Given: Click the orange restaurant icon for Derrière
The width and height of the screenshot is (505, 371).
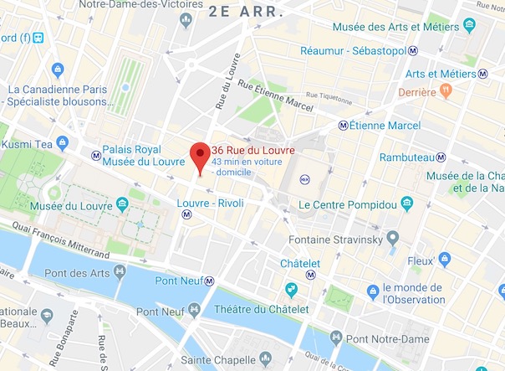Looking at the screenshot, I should pos(445,90).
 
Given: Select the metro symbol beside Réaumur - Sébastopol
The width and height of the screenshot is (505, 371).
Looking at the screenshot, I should pos(413,50).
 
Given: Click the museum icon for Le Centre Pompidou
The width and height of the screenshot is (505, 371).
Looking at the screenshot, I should pos(406,204).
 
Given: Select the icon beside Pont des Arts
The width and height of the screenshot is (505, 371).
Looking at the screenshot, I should pos(120,271).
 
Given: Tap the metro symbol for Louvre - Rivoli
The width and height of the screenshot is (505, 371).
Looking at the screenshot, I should pos(187,214).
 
